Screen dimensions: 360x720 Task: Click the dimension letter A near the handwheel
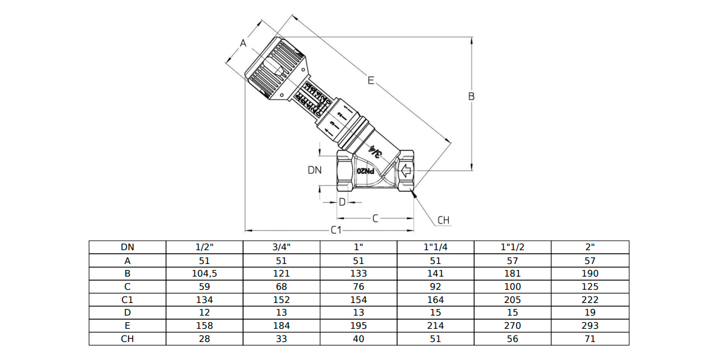243,43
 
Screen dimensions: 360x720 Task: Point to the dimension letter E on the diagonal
371,80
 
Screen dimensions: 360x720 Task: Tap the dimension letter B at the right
472,96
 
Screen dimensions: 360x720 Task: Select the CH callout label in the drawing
443,220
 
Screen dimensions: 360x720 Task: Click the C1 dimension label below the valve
337,230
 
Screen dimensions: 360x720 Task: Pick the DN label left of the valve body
315,170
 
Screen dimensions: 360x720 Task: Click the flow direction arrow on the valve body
406,172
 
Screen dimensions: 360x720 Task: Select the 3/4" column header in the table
281,247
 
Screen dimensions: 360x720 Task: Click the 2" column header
590,247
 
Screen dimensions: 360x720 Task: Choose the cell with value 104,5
204,273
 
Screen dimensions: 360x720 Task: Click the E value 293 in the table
590,326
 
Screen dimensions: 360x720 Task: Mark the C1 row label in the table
127,299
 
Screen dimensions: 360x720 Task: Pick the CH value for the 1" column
358,339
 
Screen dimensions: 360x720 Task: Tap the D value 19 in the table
590,313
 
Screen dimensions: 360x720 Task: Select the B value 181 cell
512,273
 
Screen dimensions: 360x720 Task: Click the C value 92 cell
436,286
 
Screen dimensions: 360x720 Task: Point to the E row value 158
204,326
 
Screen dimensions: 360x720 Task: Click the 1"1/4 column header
436,247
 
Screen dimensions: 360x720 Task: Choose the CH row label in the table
127,339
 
